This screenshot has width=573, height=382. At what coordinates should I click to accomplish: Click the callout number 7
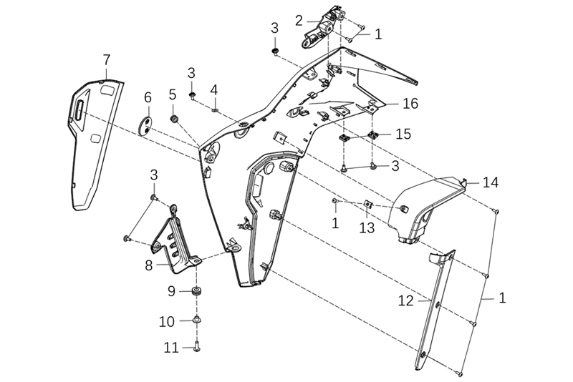107,59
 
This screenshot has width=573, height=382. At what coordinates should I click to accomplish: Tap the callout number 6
148,97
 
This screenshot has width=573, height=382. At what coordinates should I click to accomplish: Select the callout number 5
173,94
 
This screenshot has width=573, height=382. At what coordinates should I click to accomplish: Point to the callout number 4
213,89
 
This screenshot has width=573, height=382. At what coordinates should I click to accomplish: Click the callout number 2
299,20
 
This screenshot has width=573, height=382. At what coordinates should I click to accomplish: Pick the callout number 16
410,104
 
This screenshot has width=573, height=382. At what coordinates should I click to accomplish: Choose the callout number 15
403,134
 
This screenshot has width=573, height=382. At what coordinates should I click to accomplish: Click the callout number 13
367,227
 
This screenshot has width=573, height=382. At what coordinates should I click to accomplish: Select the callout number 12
406,301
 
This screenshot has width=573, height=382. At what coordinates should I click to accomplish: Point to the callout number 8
149,265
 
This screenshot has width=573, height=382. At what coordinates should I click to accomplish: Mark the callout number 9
171,290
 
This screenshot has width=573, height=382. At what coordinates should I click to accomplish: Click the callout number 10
167,322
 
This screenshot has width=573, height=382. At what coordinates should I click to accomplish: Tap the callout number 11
170,348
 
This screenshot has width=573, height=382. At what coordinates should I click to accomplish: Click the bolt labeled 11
196,348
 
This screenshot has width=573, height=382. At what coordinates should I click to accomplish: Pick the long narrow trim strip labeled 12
435,308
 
